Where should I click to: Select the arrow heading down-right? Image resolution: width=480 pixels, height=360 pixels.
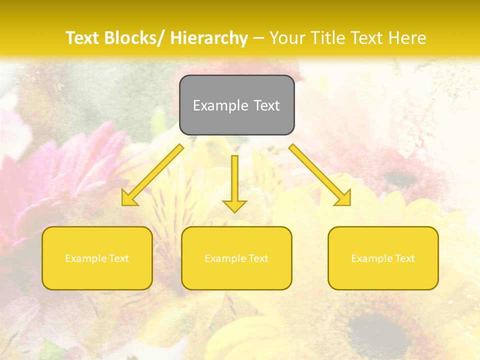click(x=320, y=175)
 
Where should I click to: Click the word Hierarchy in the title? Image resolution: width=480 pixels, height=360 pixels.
click(x=209, y=38)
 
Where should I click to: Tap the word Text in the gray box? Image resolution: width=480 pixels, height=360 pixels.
click(x=266, y=105)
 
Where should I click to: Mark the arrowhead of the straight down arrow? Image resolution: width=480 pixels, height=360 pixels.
click(x=235, y=205)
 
